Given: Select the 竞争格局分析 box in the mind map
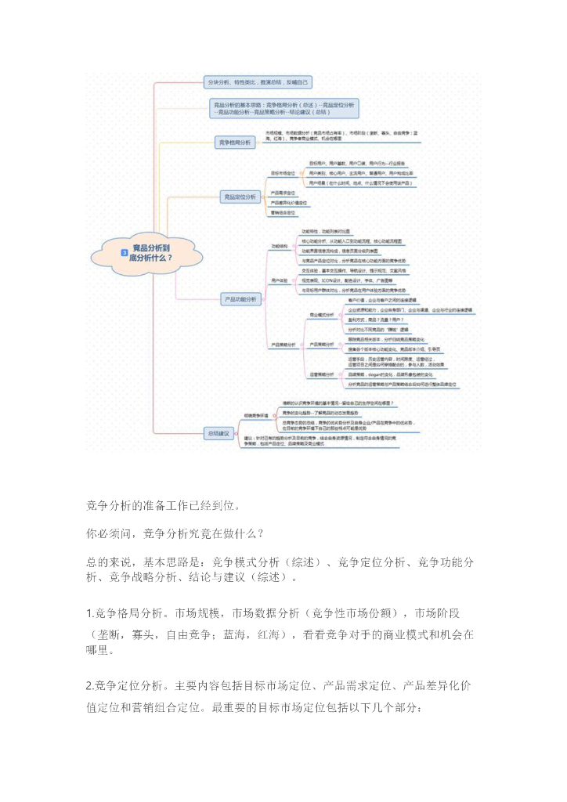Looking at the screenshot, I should (236, 142).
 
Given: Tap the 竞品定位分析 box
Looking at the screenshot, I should (240, 197).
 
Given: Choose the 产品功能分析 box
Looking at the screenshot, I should (241, 298).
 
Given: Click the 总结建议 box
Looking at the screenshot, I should (218, 432).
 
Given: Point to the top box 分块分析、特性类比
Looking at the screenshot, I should (258, 81).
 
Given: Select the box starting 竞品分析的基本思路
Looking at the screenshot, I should (283, 109).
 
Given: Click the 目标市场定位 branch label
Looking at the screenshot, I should (283, 172).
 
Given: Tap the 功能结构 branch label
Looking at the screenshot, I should (279, 245).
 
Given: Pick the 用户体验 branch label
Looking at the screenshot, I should (279, 279).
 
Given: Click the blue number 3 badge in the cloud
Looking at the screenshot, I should (124, 252).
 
